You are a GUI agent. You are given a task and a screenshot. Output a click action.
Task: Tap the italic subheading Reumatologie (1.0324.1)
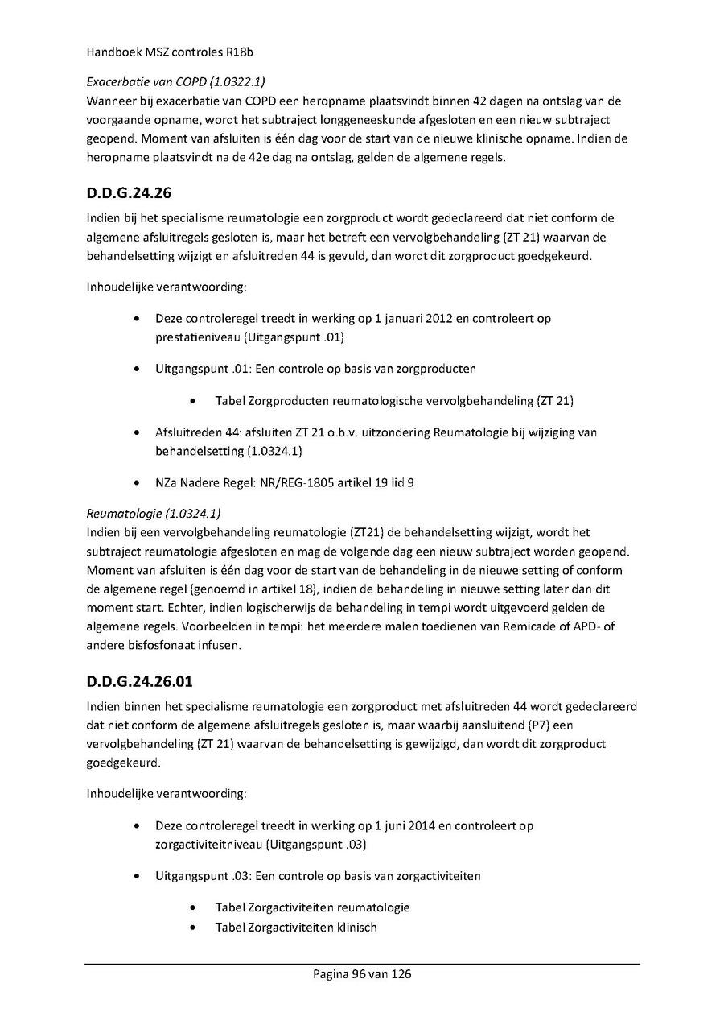(x=153, y=513)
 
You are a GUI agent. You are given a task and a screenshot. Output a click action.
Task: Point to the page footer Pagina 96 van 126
(x=362, y=974)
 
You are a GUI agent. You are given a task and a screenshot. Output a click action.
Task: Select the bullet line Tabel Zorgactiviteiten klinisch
(x=295, y=927)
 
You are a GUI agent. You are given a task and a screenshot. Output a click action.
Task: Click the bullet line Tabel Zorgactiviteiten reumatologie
(x=312, y=907)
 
